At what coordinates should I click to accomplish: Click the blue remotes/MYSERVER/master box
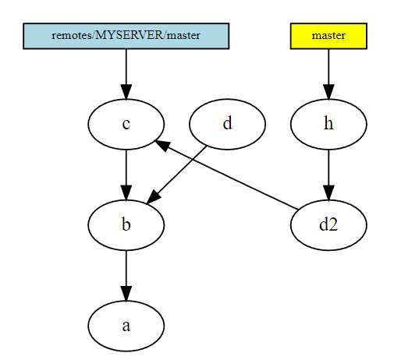(126, 36)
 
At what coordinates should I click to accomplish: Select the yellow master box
(328, 36)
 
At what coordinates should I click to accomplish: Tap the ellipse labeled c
(126, 124)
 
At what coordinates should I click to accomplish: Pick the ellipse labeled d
(227, 124)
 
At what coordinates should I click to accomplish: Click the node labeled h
(328, 124)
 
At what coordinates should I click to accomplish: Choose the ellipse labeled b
(126, 225)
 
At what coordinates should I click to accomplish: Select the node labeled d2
(328, 225)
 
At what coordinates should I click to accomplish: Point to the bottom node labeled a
(126, 326)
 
